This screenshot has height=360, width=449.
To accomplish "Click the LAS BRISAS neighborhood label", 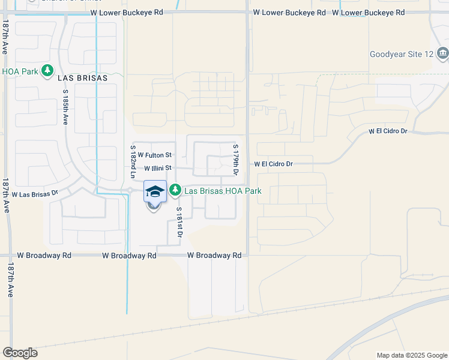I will (83, 78).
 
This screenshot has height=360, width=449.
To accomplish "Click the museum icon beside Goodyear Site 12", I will (442, 53).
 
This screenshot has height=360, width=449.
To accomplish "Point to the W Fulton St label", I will (154, 155).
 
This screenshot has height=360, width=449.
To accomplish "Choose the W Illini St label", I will (157, 168).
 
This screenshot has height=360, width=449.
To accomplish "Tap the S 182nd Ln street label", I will (133, 161).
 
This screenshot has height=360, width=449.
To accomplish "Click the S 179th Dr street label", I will (236, 160).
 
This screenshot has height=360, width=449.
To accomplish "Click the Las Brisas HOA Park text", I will (223, 191).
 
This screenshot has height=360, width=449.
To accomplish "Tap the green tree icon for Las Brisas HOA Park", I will (175, 190).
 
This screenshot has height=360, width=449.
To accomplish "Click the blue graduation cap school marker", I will (155, 192).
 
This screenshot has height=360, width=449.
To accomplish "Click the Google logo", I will (20, 353).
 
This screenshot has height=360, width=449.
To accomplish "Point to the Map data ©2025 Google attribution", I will (411, 355).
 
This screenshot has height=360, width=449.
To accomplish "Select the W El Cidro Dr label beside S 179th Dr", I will (273, 164).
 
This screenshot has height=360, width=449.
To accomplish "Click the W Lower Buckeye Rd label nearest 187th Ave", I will (125, 12).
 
